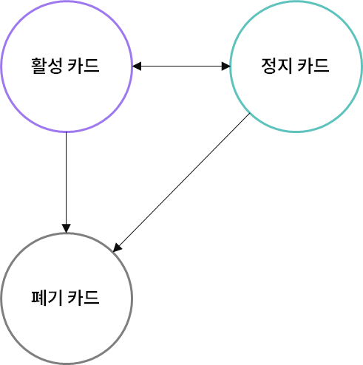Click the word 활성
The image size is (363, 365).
[x=47, y=66]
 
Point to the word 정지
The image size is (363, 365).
[x=277, y=66]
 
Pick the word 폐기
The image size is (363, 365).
[x=47, y=298]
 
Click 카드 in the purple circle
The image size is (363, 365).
[x=84, y=66]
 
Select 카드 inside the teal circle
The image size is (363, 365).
[x=313, y=66]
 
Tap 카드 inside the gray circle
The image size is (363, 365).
[x=84, y=298]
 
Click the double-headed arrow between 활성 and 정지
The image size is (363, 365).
[x=181, y=66]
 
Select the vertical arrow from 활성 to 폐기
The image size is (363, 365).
[x=66, y=182]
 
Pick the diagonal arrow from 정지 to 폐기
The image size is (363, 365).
[x=181, y=182]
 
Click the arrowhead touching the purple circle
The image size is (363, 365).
[x=137, y=66]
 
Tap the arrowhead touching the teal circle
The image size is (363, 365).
[x=226, y=66]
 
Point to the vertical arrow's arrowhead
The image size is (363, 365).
[x=66, y=228]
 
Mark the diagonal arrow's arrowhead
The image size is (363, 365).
[x=117, y=248]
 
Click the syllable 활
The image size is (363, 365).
[x=39, y=66]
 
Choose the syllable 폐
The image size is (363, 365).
[x=39, y=298]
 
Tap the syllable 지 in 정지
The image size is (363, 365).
[x=285, y=66]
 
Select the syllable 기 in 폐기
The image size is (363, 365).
[x=55, y=298]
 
